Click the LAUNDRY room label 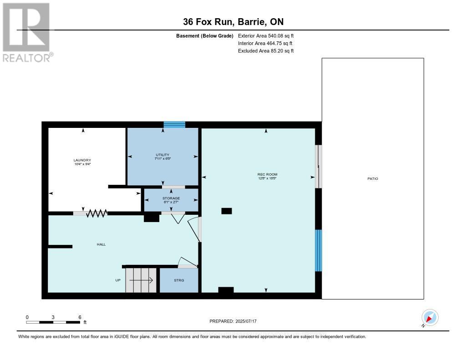coord(82,160)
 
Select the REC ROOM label coord(267,174)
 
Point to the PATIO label coord(373,178)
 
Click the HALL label coord(101,244)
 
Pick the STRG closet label coord(179,280)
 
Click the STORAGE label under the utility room coord(171,198)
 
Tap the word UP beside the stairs coord(117,280)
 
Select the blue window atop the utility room coord(174,124)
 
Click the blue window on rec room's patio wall coord(319,250)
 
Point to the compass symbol coord(430,318)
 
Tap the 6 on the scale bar coord(80,317)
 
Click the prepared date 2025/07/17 coord(248,321)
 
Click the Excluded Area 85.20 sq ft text coord(266,51)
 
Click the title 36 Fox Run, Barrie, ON coord(233,22)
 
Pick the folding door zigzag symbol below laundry coord(96,213)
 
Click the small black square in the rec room coord(226,211)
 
